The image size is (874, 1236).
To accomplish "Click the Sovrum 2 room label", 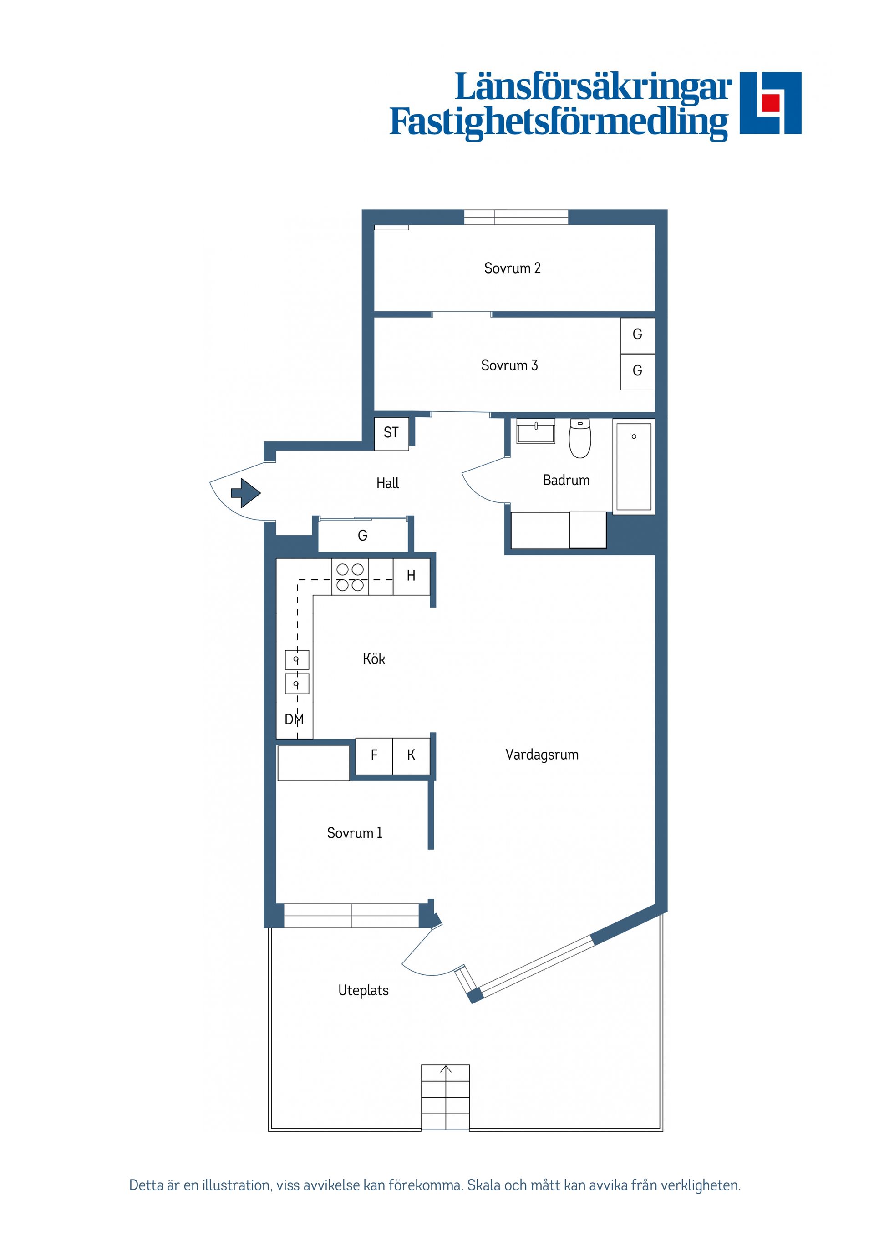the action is tap(512, 268).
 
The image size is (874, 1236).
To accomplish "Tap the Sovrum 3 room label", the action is tap(509, 365).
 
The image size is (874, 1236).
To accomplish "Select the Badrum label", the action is tap(566, 480).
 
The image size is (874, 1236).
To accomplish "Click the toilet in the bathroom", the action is tap(580, 438).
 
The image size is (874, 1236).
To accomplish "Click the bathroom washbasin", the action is tap(535, 431).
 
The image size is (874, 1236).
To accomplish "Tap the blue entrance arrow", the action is tap(245, 492).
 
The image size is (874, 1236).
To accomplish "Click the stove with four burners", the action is tap(350, 577).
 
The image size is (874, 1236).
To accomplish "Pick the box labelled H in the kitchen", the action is tap(412, 577).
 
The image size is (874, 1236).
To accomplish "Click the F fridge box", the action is tap(374, 756).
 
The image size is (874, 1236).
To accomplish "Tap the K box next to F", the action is tap(412, 756).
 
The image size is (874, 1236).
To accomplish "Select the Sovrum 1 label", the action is tap(354, 833).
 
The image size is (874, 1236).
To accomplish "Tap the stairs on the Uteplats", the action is tap(445, 1097).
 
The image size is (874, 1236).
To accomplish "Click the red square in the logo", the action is tap(771, 102).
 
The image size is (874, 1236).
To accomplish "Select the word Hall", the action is tap(388, 483).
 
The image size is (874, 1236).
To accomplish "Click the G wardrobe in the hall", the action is tap(362, 535).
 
